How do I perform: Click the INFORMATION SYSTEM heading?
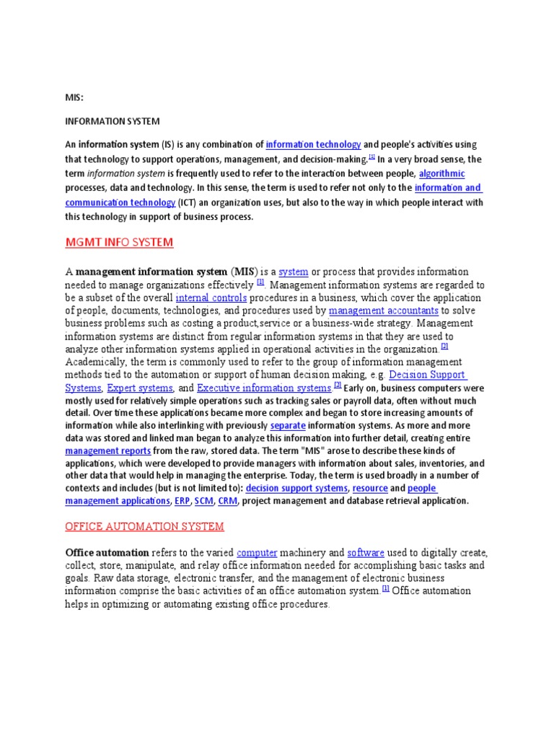point(113,121)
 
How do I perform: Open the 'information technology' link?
point(313,145)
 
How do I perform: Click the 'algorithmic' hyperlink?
point(442,174)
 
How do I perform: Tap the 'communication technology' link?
point(120,203)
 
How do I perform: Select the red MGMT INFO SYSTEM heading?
point(120,242)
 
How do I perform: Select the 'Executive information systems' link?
point(263,388)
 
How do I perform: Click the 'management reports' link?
point(106,451)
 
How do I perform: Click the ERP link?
point(182,501)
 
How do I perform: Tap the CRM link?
point(227,501)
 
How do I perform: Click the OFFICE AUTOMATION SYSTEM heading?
point(145,527)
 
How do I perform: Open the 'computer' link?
point(257,553)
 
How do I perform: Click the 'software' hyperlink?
point(366,553)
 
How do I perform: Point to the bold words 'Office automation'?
point(110,553)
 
